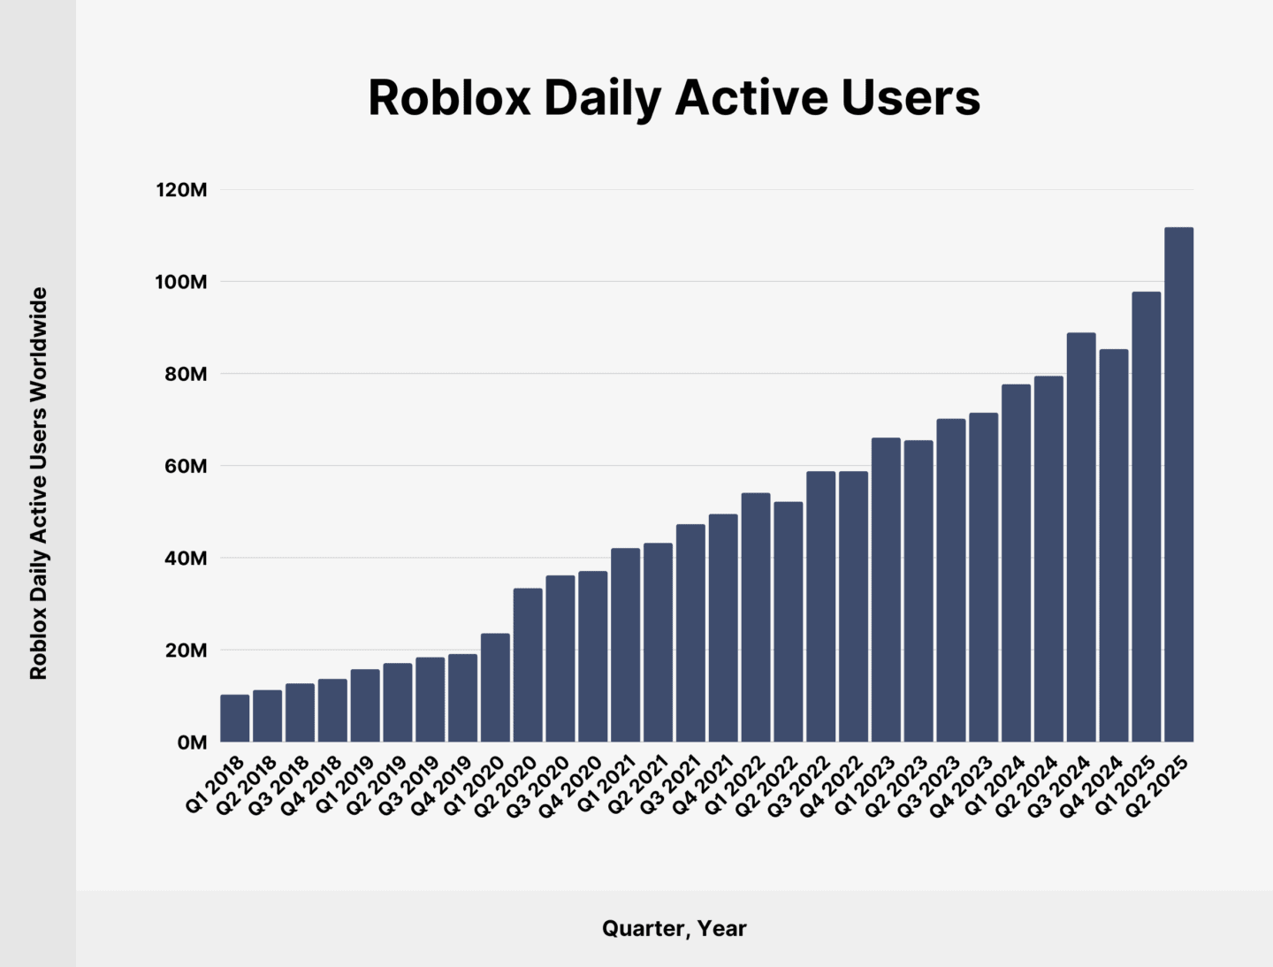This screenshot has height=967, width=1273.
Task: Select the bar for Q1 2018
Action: coord(234,718)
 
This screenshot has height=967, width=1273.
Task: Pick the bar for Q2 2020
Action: coord(528,665)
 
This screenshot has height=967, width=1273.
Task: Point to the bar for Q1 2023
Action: coord(886,590)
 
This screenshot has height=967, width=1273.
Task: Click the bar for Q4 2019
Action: coord(462,697)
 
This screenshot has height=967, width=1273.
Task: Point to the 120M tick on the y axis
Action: coord(181,190)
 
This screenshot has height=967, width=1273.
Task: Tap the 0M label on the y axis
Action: coord(191,742)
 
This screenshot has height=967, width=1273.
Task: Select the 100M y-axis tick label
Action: coord(181,282)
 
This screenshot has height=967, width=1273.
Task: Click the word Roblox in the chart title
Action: coord(448,97)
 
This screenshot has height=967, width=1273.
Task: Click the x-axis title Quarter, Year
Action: coord(674,928)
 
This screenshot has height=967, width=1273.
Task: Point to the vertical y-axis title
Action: coord(38,483)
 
